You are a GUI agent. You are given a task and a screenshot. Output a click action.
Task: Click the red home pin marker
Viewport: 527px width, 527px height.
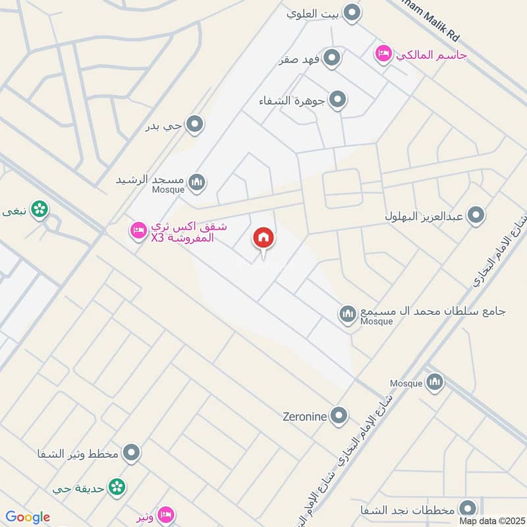pyautogui.click(x=263, y=238)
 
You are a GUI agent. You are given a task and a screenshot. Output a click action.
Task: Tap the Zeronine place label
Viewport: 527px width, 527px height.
pyautogui.click(x=305, y=416)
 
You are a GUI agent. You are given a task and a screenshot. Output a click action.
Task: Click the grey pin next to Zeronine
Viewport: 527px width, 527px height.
pyautogui.click(x=339, y=415)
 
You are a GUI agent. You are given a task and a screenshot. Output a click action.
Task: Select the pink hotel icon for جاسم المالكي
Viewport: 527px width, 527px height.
pyautogui.click(x=383, y=53)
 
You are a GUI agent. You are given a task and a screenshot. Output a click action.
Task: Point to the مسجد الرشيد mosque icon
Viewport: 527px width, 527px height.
pyautogui.click(x=196, y=181)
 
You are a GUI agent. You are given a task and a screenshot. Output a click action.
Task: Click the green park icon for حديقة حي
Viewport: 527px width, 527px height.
pyautogui.click(x=117, y=487)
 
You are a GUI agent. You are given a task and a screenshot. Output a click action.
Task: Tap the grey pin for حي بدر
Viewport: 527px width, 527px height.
pyautogui.click(x=194, y=124)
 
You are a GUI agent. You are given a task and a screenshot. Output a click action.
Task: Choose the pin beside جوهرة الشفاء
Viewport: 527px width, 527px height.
pyautogui.click(x=337, y=100)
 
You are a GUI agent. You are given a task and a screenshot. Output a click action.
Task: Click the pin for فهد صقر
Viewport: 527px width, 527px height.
pyautogui.click(x=333, y=57)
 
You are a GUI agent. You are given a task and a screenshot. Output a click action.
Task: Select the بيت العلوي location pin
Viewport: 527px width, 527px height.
pyautogui.click(x=353, y=12)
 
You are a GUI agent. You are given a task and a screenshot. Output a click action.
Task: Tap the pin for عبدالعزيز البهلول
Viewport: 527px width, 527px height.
pyautogui.click(x=476, y=215)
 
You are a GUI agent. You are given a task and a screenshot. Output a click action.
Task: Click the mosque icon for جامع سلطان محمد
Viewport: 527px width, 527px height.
pyautogui.click(x=348, y=314)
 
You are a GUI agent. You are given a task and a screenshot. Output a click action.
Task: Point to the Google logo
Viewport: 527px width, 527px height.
pyautogui.click(x=28, y=517)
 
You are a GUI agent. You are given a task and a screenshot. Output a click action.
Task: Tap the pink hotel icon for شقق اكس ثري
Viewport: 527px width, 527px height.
pyautogui.click(x=138, y=230)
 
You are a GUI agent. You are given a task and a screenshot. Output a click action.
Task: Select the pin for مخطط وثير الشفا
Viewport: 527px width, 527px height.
pyautogui.click(x=132, y=453)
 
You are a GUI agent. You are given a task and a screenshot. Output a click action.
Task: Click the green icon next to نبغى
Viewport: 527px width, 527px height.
pyautogui.click(x=40, y=209)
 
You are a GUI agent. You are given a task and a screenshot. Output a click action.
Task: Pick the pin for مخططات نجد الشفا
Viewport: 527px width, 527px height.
pyautogui.click(x=468, y=508)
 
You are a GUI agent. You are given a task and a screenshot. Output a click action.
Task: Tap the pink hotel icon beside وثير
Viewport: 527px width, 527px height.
pyautogui.click(x=166, y=513)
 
